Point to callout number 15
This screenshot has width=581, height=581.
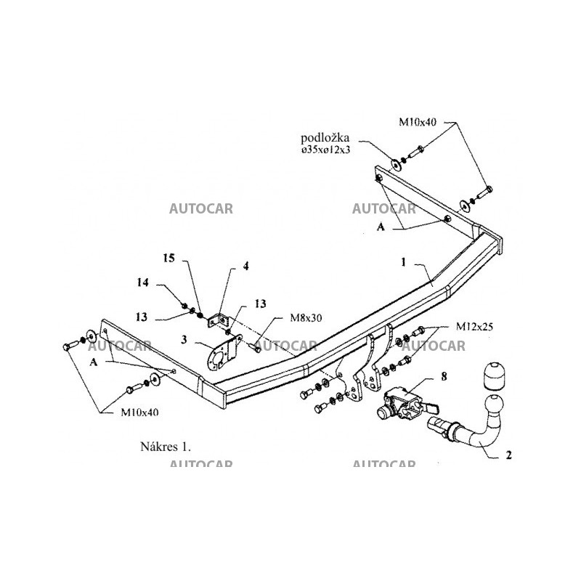pyautogui.click(x=169, y=258)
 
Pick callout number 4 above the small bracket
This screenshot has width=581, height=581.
pyautogui.click(x=245, y=267)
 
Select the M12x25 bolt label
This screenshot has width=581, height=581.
pyautogui.click(x=475, y=328)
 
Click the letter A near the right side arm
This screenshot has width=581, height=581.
pyautogui.click(x=379, y=227)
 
